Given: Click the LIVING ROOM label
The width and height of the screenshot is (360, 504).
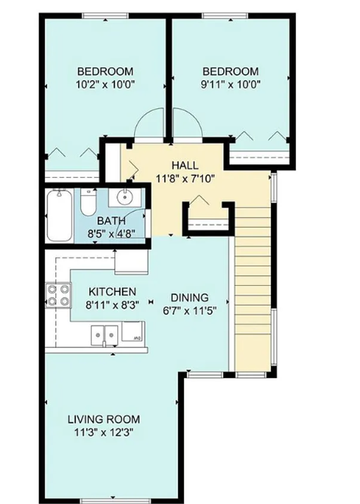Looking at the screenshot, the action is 104,419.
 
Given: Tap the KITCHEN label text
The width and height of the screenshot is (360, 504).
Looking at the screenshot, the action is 112,292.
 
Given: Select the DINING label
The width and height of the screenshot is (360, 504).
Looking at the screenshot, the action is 190,298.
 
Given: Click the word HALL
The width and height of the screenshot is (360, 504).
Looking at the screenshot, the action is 185,165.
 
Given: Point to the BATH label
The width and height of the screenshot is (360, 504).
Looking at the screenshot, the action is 111,221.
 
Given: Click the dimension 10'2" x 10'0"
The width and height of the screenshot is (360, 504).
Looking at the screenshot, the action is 105,84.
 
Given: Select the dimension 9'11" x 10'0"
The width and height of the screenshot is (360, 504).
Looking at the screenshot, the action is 230,84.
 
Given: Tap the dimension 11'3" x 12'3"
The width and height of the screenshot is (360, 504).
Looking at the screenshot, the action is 104,433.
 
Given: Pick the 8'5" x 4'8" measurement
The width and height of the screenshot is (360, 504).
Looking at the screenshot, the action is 111,233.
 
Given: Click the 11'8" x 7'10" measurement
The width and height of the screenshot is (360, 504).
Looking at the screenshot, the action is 185,178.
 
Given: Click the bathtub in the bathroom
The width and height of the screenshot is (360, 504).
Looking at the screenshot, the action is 59,216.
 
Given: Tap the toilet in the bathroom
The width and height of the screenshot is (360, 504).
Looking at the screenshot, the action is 88,202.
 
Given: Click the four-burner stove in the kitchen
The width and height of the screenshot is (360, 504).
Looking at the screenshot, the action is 58,295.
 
